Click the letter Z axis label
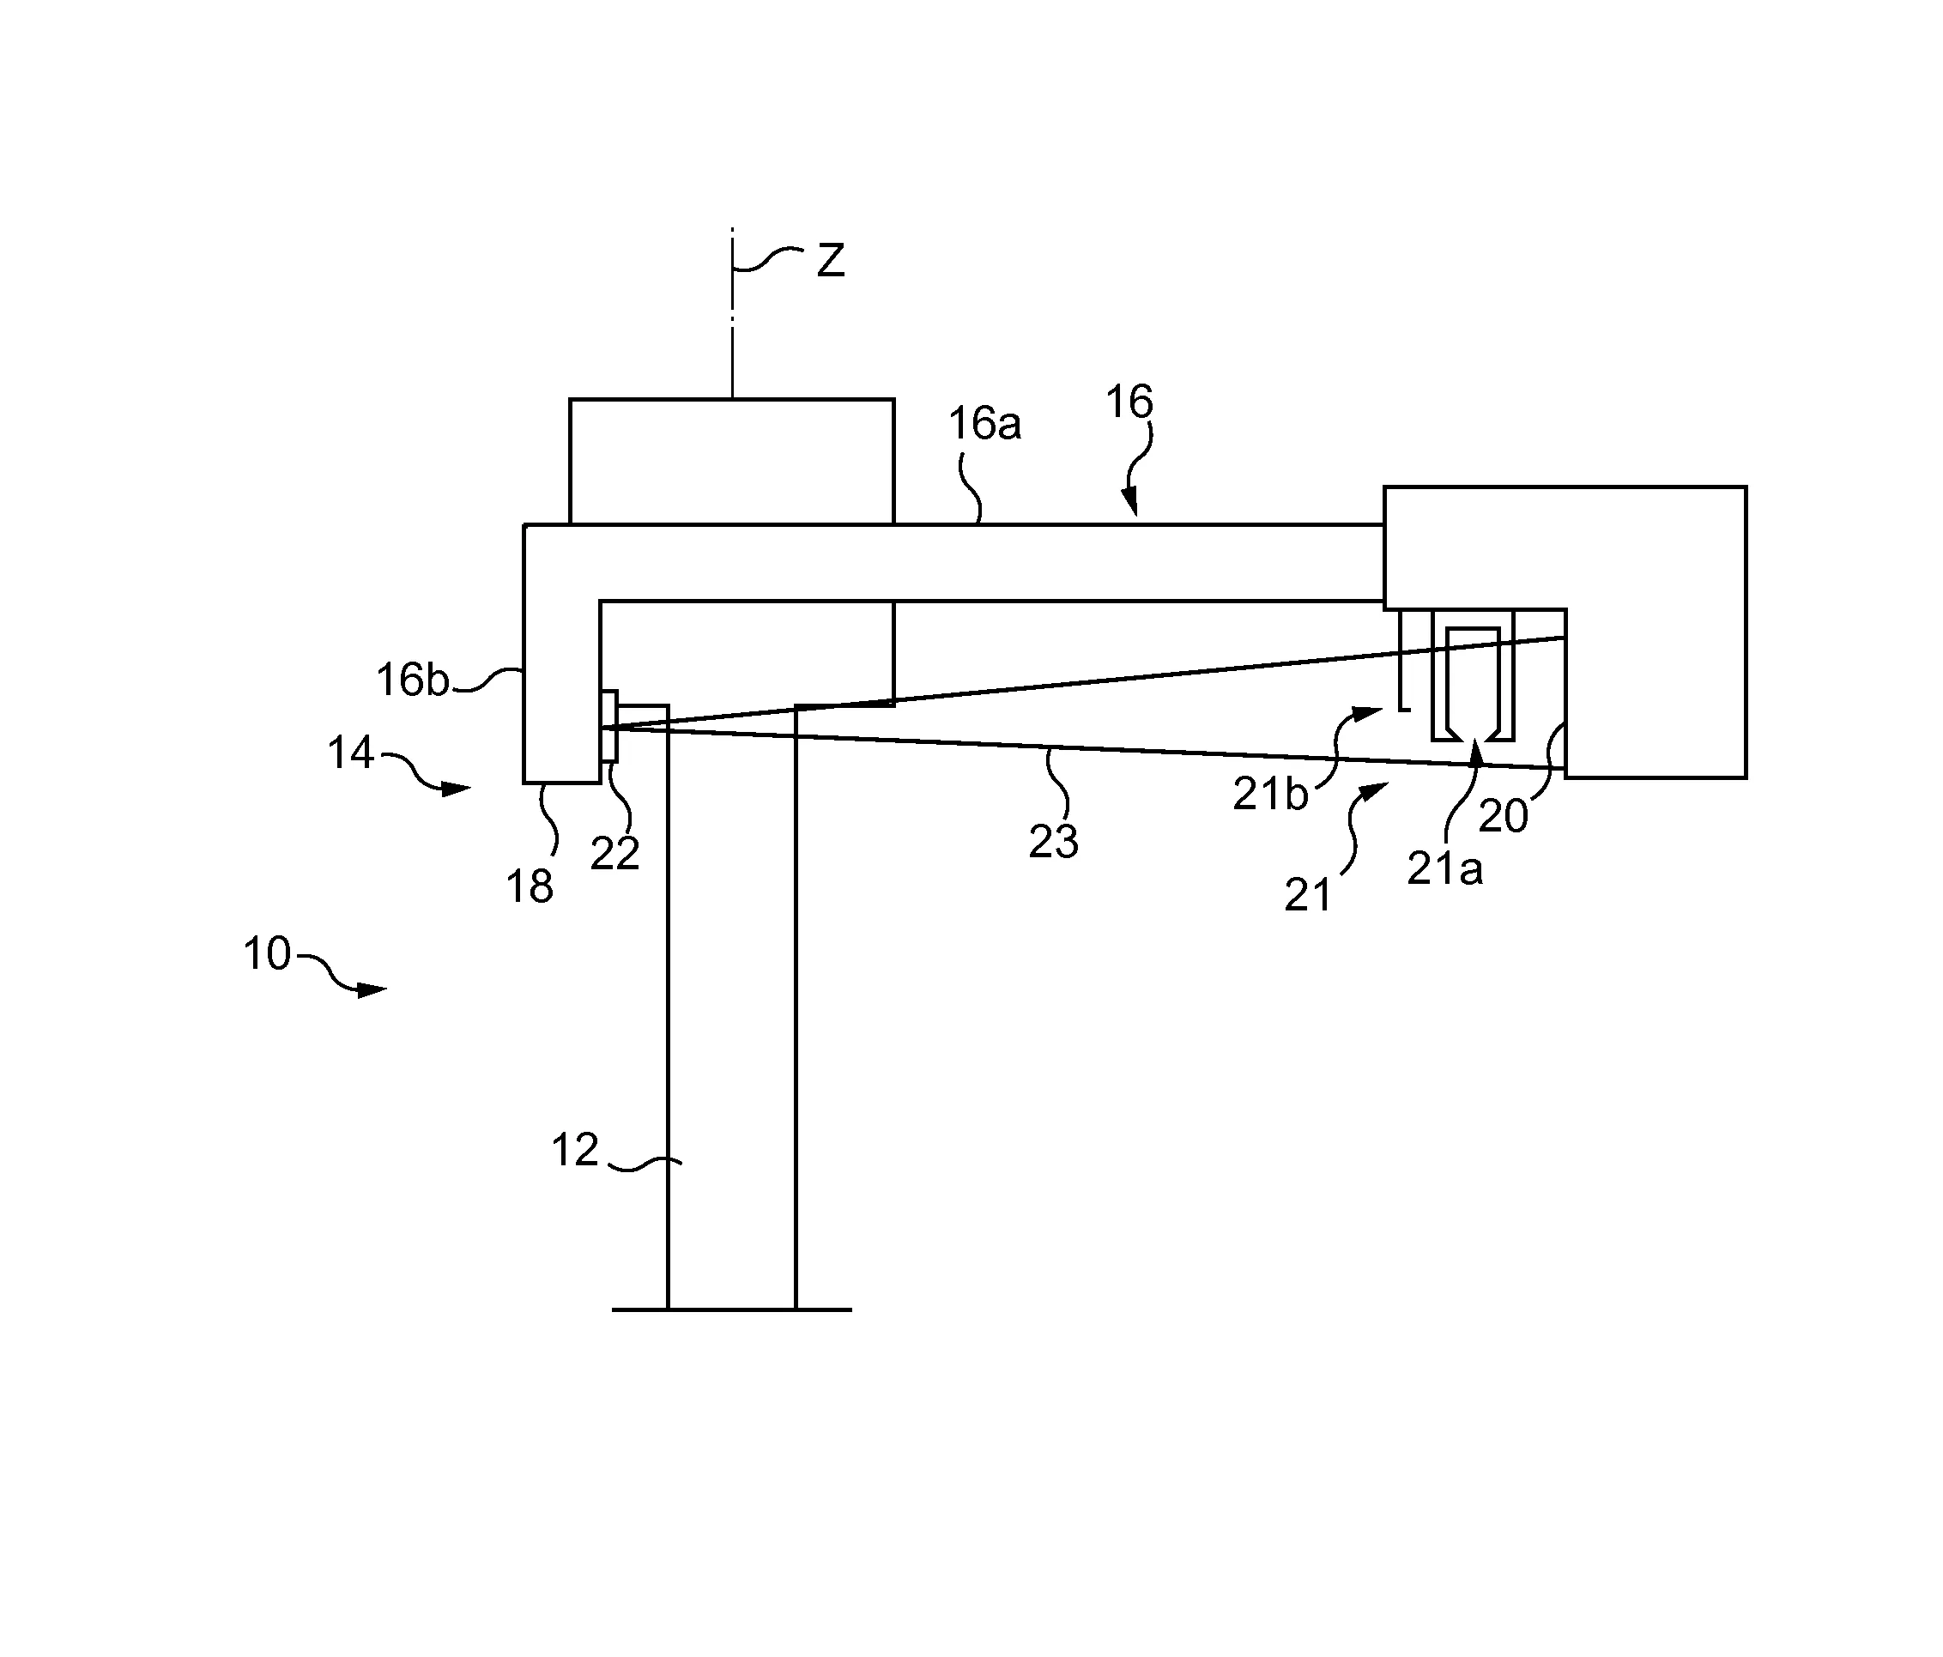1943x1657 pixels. (x=831, y=261)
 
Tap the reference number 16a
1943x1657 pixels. (x=984, y=424)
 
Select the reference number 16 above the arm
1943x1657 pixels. (x=1129, y=402)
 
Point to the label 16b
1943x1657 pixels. (x=413, y=680)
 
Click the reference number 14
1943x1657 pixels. (x=351, y=753)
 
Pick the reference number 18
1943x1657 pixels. (x=530, y=887)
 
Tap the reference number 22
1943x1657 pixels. (x=615, y=853)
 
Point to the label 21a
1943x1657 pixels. (x=1445, y=870)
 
